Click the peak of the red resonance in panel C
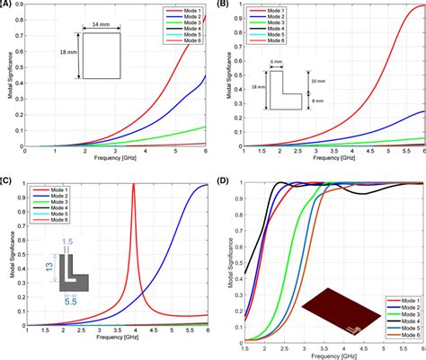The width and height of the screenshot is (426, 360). pos(133,185)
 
